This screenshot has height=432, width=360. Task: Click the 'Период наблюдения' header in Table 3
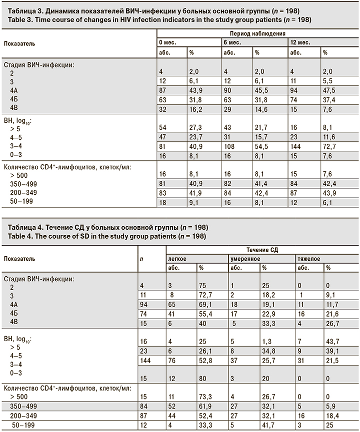255,34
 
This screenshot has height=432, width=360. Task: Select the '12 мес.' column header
299,43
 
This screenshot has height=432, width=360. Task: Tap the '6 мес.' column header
232,43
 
